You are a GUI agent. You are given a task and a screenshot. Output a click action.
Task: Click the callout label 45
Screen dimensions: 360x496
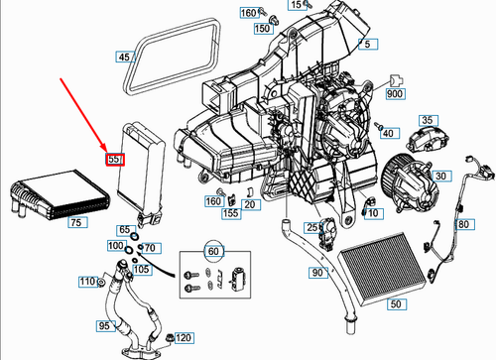[x=124, y=58]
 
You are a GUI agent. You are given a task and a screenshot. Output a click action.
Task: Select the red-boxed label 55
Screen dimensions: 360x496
[x=114, y=159]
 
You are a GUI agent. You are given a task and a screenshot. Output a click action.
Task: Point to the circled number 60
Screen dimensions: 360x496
[x=210, y=252]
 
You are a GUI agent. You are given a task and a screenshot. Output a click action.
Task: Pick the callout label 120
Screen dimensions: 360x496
[x=185, y=339]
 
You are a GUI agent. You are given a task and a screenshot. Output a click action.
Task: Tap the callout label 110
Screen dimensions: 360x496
[x=88, y=283]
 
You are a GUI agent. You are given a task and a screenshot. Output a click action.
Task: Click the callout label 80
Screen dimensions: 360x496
[x=463, y=223]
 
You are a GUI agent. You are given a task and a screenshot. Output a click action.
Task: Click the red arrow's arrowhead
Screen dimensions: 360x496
[x=112, y=146]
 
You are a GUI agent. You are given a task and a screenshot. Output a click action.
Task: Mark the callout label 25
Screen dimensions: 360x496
[x=311, y=228]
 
